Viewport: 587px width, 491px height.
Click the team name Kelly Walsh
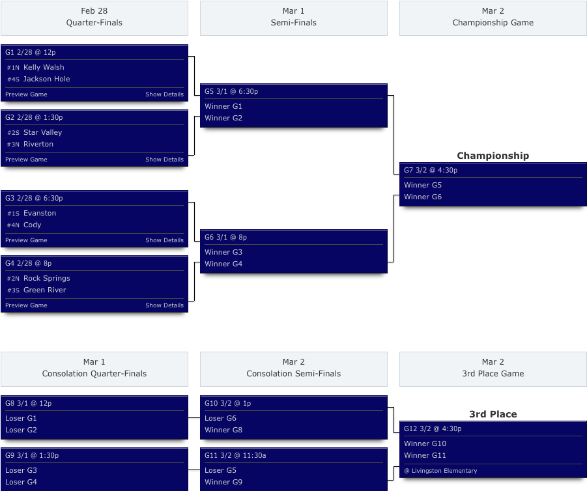[x=44, y=67]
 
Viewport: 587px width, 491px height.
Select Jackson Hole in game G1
[x=46, y=79]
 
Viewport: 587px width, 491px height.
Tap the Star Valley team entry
[x=42, y=132]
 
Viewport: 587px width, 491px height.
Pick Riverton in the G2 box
[x=38, y=144]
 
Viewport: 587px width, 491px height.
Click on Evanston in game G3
[x=40, y=213]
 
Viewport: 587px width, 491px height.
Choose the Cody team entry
[x=32, y=225]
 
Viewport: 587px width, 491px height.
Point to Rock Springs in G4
[x=46, y=278]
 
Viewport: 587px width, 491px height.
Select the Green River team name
[x=45, y=290]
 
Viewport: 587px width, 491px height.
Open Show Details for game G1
[x=164, y=94]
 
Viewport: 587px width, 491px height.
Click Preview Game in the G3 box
[x=26, y=240]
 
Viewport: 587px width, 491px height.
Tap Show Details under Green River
[x=164, y=305]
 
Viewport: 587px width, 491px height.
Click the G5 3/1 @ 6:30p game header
[x=231, y=91]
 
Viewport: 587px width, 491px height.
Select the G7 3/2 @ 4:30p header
[x=431, y=170]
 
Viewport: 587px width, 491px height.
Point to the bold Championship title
[x=493, y=156]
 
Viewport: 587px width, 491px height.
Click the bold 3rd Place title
[x=493, y=414]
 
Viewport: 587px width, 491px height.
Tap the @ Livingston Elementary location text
[x=440, y=471]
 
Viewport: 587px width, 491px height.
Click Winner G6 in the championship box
[x=423, y=197]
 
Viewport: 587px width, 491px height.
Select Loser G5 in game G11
[x=220, y=470]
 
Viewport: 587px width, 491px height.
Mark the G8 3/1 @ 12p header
[x=28, y=403]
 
